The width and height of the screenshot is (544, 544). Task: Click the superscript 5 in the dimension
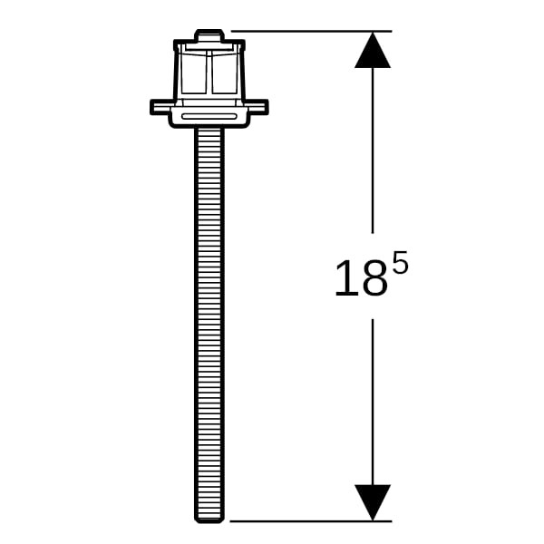[x=401, y=261]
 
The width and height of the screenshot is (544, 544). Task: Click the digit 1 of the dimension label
[x=347, y=278]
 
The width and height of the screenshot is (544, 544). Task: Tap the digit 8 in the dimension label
[x=374, y=278]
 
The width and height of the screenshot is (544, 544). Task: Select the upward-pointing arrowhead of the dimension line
[x=373, y=50]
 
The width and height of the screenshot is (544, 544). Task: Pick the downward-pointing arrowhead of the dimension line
[x=373, y=502]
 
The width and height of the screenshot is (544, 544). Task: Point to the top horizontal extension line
[x=311, y=31]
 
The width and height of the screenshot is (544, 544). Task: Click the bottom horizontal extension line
[x=311, y=521]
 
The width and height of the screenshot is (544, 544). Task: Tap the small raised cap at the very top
[x=209, y=34]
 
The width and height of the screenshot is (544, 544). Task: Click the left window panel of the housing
[x=193, y=73]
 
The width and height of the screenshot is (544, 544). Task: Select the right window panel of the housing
[x=225, y=73]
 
